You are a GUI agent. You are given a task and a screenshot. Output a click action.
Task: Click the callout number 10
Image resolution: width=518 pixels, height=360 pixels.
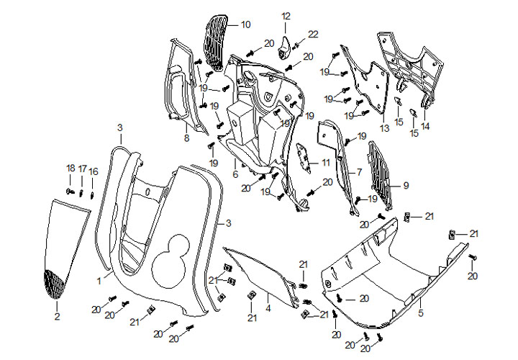pos(245,24)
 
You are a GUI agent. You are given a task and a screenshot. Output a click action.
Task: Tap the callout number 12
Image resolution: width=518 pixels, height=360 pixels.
pos(286,16)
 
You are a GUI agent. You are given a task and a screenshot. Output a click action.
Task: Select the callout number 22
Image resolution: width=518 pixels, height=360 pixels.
pos(313,34)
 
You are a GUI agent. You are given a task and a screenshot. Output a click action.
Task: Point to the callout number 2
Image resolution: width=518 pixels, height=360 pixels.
pos(57,315)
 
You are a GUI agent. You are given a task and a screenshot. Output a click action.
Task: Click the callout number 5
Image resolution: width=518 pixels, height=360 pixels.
pos(421,313)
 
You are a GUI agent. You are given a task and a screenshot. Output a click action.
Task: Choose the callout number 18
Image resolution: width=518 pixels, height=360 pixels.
pos(71,168)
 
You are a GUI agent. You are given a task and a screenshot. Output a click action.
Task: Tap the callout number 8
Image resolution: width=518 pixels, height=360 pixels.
pos(186,138)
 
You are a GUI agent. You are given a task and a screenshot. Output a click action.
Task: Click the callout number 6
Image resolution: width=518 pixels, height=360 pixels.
pos(235,174)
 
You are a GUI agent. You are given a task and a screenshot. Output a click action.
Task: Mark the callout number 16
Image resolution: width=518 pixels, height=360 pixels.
pos(94,171)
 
